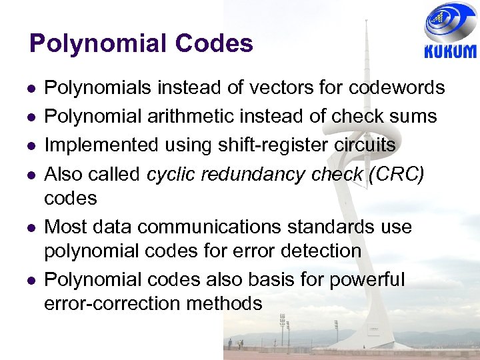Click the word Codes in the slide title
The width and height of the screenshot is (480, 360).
pos(215,44)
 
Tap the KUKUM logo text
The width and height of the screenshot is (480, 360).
pos(450,52)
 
